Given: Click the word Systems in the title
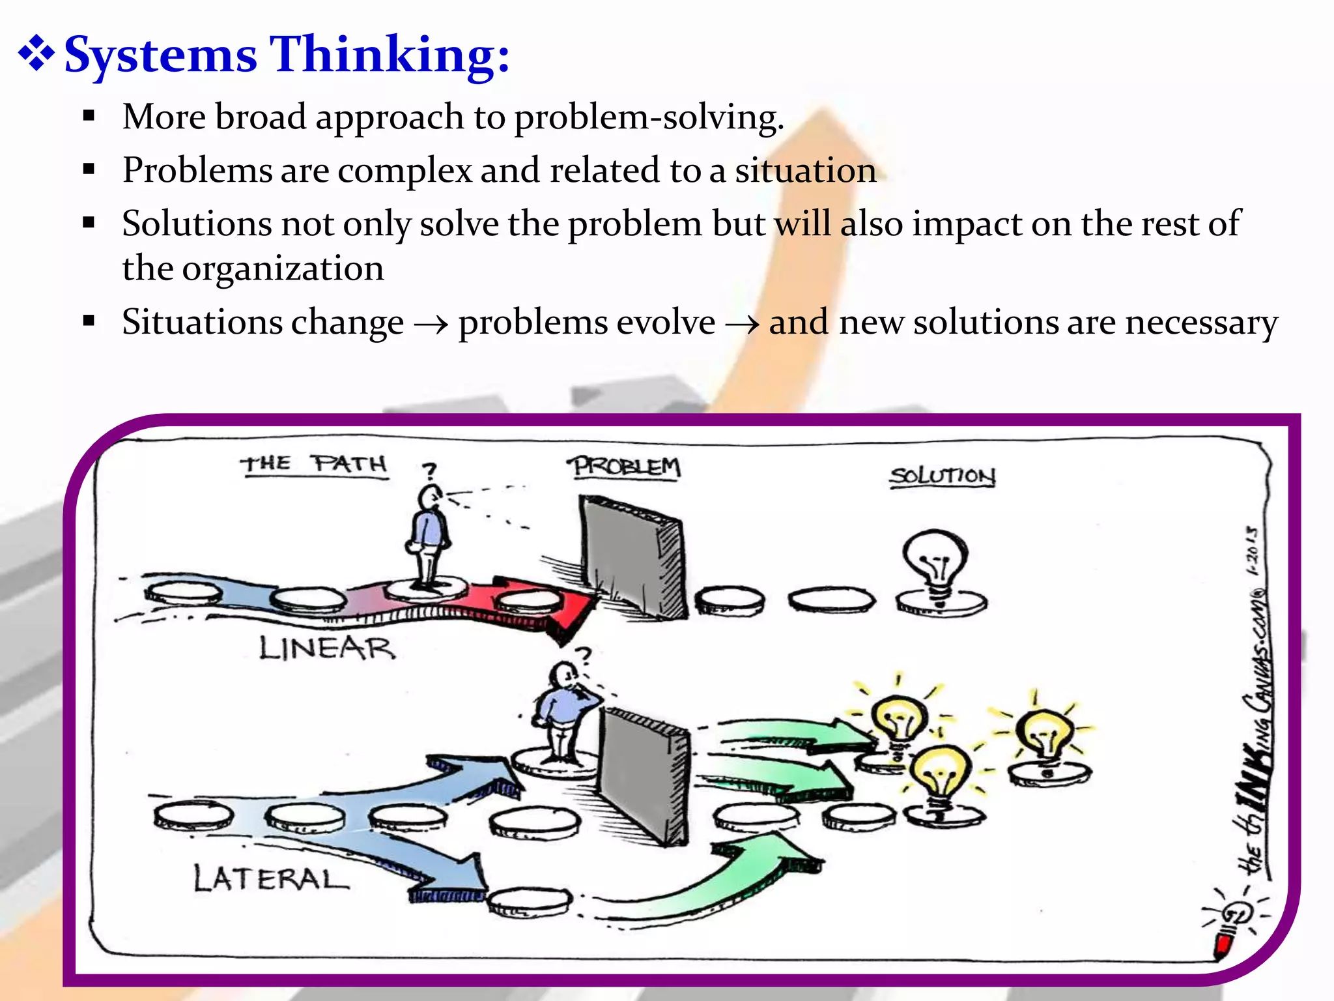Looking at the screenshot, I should [161, 56].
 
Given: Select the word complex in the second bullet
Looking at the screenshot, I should [404, 171].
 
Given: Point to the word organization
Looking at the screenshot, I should [283, 268].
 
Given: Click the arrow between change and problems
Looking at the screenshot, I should [431, 323].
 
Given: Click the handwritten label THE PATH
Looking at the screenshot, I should [315, 464].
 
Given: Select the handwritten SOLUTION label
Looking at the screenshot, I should [942, 476].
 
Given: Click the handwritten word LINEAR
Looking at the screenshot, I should [327, 648].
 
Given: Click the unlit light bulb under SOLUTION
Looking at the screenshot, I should [936, 560].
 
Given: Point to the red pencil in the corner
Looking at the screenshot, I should [1223, 944].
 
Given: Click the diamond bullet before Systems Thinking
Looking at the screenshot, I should [36, 55].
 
